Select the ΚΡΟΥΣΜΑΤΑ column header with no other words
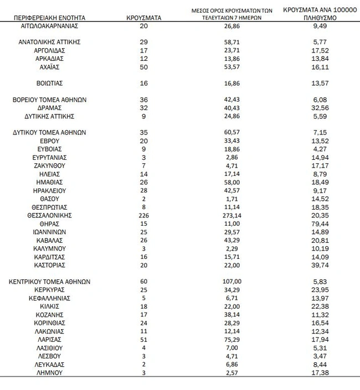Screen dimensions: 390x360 pos(144,18)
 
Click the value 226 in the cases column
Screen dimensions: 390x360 pos(144,215)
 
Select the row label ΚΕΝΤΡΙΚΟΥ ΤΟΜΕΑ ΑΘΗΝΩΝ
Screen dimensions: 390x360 pos(50,282)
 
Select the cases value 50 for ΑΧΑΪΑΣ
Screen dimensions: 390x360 pos(144,67)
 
